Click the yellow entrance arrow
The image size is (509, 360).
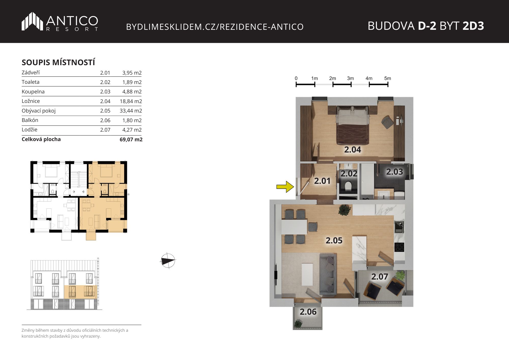[x=285, y=187]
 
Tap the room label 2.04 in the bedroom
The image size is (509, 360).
[x=352, y=150]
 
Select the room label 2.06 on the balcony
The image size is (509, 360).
[x=308, y=312]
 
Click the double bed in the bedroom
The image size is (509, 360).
[x=353, y=125]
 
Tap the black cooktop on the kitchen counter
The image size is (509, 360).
[x=399, y=247]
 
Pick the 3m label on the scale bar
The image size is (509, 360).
[x=350, y=78]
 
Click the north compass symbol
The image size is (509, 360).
[x=168, y=261]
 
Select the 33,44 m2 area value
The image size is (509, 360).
[x=131, y=111]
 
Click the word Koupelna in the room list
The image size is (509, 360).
[x=33, y=92]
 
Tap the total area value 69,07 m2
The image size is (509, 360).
[x=131, y=140]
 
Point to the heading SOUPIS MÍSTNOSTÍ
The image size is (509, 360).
[x=58, y=62]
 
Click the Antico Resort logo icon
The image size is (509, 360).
[x=32, y=21]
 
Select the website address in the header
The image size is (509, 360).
[x=215, y=27]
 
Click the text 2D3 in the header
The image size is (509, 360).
[x=473, y=26]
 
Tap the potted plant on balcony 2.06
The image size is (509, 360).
[x=298, y=324]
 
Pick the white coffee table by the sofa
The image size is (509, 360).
[x=307, y=274]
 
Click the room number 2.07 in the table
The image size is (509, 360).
[x=105, y=130]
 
